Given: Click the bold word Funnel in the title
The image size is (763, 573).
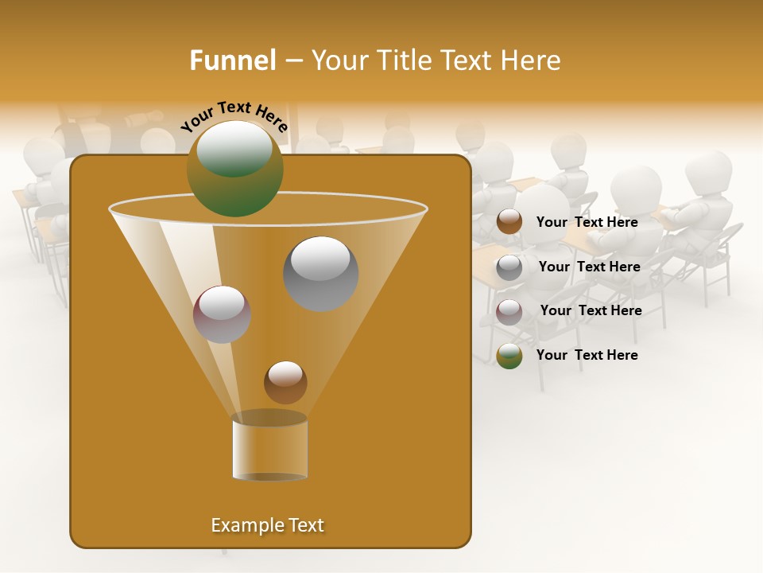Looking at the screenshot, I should pyautogui.click(x=233, y=60).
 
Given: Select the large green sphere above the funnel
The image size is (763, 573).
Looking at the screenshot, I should pyautogui.click(x=234, y=168).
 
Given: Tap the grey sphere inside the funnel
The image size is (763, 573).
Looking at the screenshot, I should pyautogui.click(x=320, y=273).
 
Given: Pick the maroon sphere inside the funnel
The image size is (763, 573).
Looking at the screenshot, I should pyautogui.click(x=222, y=314).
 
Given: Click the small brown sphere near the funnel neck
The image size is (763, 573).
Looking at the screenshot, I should pyautogui.click(x=285, y=382).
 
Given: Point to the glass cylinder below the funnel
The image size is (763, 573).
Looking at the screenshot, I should pyautogui.click(x=269, y=447).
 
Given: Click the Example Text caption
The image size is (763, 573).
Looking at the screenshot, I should pyautogui.click(x=267, y=525).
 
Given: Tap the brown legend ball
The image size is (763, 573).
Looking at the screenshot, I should pyautogui.click(x=509, y=222).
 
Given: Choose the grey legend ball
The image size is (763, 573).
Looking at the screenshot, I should pyautogui.click(x=509, y=267).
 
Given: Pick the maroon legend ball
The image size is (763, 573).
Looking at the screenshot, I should pyautogui.click(x=509, y=311).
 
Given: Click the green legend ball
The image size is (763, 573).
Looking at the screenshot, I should pyautogui.click(x=509, y=356).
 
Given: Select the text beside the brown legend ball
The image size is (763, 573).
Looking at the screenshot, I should pyautogui.click(x=587, y=222).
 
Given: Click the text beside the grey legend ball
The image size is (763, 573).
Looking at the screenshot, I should pyautogui.click(x=589, y=267).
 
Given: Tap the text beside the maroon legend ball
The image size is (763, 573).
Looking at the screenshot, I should pyautogui.click(x=591, y=310).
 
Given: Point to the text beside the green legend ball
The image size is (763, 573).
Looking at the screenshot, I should pyautogui.click(x=587, y=355).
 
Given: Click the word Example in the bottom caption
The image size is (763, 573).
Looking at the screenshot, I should pyautogui.click(x=244, y=525).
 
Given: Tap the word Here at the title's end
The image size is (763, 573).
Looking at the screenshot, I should pyautogui.click(x=532, y=60).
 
